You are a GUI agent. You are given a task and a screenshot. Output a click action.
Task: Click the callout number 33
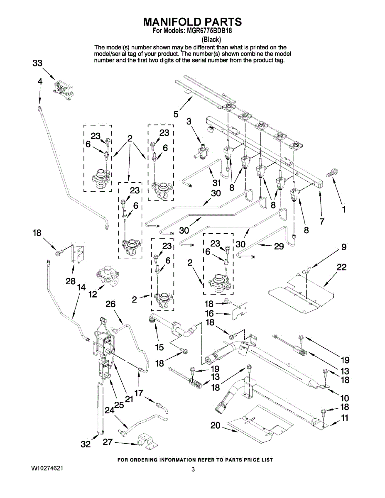coord(37,63)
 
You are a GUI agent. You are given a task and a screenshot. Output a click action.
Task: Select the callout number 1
coord(343,210)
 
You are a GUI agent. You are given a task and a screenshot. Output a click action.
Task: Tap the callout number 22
coord(341,268)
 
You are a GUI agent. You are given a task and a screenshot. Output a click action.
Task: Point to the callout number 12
coord(93,294)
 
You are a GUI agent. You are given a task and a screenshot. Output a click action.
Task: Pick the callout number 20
coord(215,425)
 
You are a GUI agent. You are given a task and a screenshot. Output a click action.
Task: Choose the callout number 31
coord(216,183)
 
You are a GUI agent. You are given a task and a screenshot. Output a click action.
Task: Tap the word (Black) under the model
coord(211,40)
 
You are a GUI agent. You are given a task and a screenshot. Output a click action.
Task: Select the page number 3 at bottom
coord(193,469)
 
